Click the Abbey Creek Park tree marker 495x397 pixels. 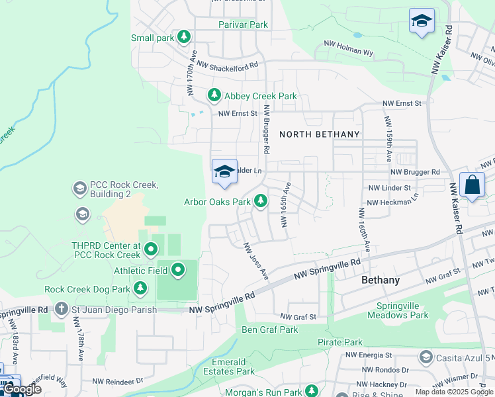pyautogui.click(x=214, y=96)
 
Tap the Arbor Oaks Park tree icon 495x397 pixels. pyautogui.click(x=261, y=200)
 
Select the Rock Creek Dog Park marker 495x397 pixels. pyautogui.click(x=140, y=288)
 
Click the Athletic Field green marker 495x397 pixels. pyautogui.click(x=178, y=270)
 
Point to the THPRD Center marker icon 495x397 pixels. pyautogui.click(x=151, y=249)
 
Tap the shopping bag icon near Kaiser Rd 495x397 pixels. pyautogui.click(x=472, y=185)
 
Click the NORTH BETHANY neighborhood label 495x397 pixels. pyautogui.click(x=320, y=134)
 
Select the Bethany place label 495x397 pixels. pyautogui.click(x=381, y=281)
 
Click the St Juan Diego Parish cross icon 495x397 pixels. pyautogui.click(x=62, y=309)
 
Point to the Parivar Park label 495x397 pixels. pyautogui.click(x=243, y=24)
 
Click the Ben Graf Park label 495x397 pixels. pyautogui.click(x=269, y=330)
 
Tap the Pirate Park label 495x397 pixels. pyautogui.click(x=339, y=342)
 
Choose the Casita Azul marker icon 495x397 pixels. pyautogui.click(x=426, y=357)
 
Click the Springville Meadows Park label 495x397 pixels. pyautogui.click(x=402, y=310)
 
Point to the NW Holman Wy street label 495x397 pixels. pyautogui.click(x=348, y=48)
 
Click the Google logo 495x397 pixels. pyautogui.click(x=22, y=390)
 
